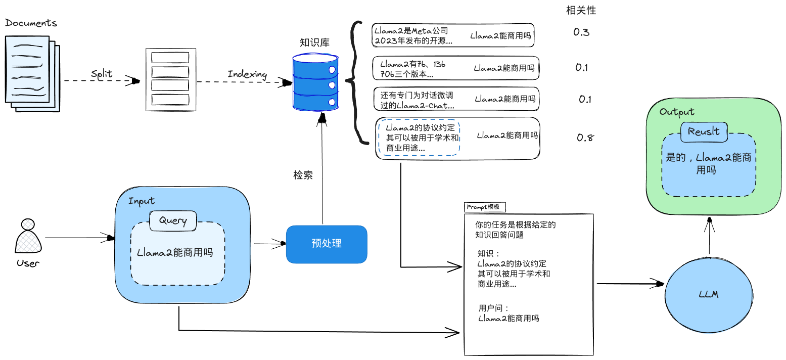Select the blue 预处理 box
click(x=327, y=244)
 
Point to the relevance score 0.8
click(x=585, y=138)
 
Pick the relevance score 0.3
click(x=581, y=32)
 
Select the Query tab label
click(x=173, y=220)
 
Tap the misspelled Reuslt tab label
click(x=704, y=132)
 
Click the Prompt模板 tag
click(x=484, y=207)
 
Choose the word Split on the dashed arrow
click(x=102, y=74)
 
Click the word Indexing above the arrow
click(x=247, y=74)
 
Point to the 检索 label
click(x=303, y=175)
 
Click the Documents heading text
click(x=31, y=23)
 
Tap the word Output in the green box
click(x=677, y=112)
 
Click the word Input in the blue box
click(x=142, y=201)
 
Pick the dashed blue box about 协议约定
click(x=419, y=138)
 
